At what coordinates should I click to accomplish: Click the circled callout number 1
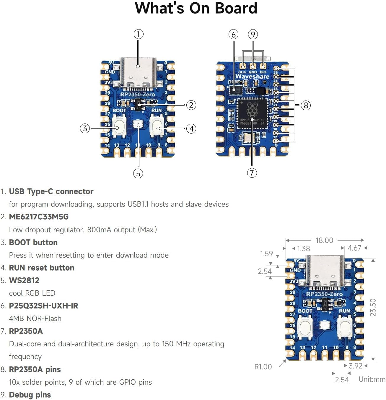point(138,34)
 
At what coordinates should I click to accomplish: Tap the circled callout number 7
point(252,173)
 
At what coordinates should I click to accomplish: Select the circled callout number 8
point(306,105)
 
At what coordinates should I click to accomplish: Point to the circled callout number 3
point(85,128)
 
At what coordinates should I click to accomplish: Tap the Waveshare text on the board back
point(252,77)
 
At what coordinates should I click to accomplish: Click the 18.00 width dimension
point(324,240)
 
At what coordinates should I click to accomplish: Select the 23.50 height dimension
point(373,307)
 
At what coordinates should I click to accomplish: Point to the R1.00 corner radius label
point(263,367)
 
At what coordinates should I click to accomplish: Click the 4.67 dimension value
point(354,248)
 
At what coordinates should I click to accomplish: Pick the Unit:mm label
point(372,379)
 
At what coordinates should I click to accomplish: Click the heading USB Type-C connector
point(51,192)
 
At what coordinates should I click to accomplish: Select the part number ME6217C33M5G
point(39,217)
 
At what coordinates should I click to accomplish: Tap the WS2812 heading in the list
point(24,280)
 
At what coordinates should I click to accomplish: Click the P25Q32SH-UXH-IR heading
point(43,306)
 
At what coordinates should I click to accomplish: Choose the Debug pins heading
point(30,395)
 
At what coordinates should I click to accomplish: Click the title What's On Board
point(196,8)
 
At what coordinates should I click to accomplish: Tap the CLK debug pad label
point(242,72)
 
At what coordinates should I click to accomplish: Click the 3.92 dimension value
point(355,366)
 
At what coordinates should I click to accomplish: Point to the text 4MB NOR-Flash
point(35,319)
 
